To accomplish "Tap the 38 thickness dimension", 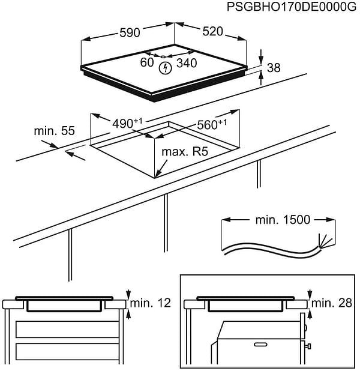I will (x=274, y=68).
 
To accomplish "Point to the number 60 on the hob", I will (x=147, y=62).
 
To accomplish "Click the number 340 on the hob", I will (x=187, y=62).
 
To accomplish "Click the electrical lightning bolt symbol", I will (x=164, y=68).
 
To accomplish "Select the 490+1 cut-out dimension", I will (x=127, y=124).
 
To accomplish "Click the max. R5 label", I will (x=184, y=152).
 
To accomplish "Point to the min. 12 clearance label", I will (x=151, y=304).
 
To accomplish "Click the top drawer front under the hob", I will (x=67, y=329).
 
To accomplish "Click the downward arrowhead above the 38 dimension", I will (x=262, y=61).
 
